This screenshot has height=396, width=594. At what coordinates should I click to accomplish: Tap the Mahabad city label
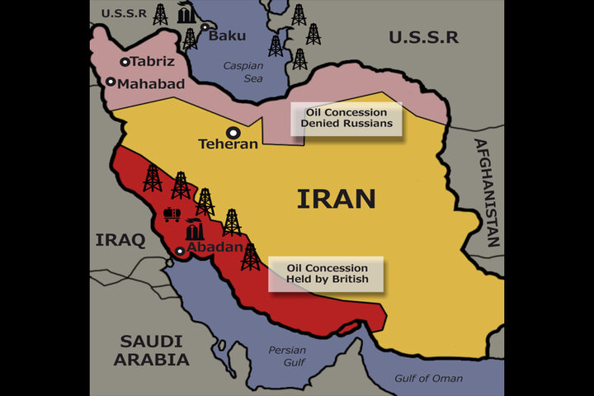[151, 83]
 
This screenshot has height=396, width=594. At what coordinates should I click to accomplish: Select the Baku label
[227, 35]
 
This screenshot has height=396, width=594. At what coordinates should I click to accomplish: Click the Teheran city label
[229, 144]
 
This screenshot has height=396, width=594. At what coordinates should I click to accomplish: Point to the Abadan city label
[215, 247]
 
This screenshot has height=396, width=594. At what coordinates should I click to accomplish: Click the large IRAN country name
[336, 199]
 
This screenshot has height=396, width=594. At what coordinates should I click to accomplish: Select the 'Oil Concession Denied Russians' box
[346, 119]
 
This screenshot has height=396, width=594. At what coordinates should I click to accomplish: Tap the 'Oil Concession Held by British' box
[328, 274]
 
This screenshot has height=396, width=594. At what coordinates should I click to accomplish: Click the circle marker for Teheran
[234, 131]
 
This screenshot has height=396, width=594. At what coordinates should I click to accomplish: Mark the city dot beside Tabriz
[125, 62]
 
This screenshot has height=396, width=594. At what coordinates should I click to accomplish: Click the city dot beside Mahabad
[111, 82]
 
